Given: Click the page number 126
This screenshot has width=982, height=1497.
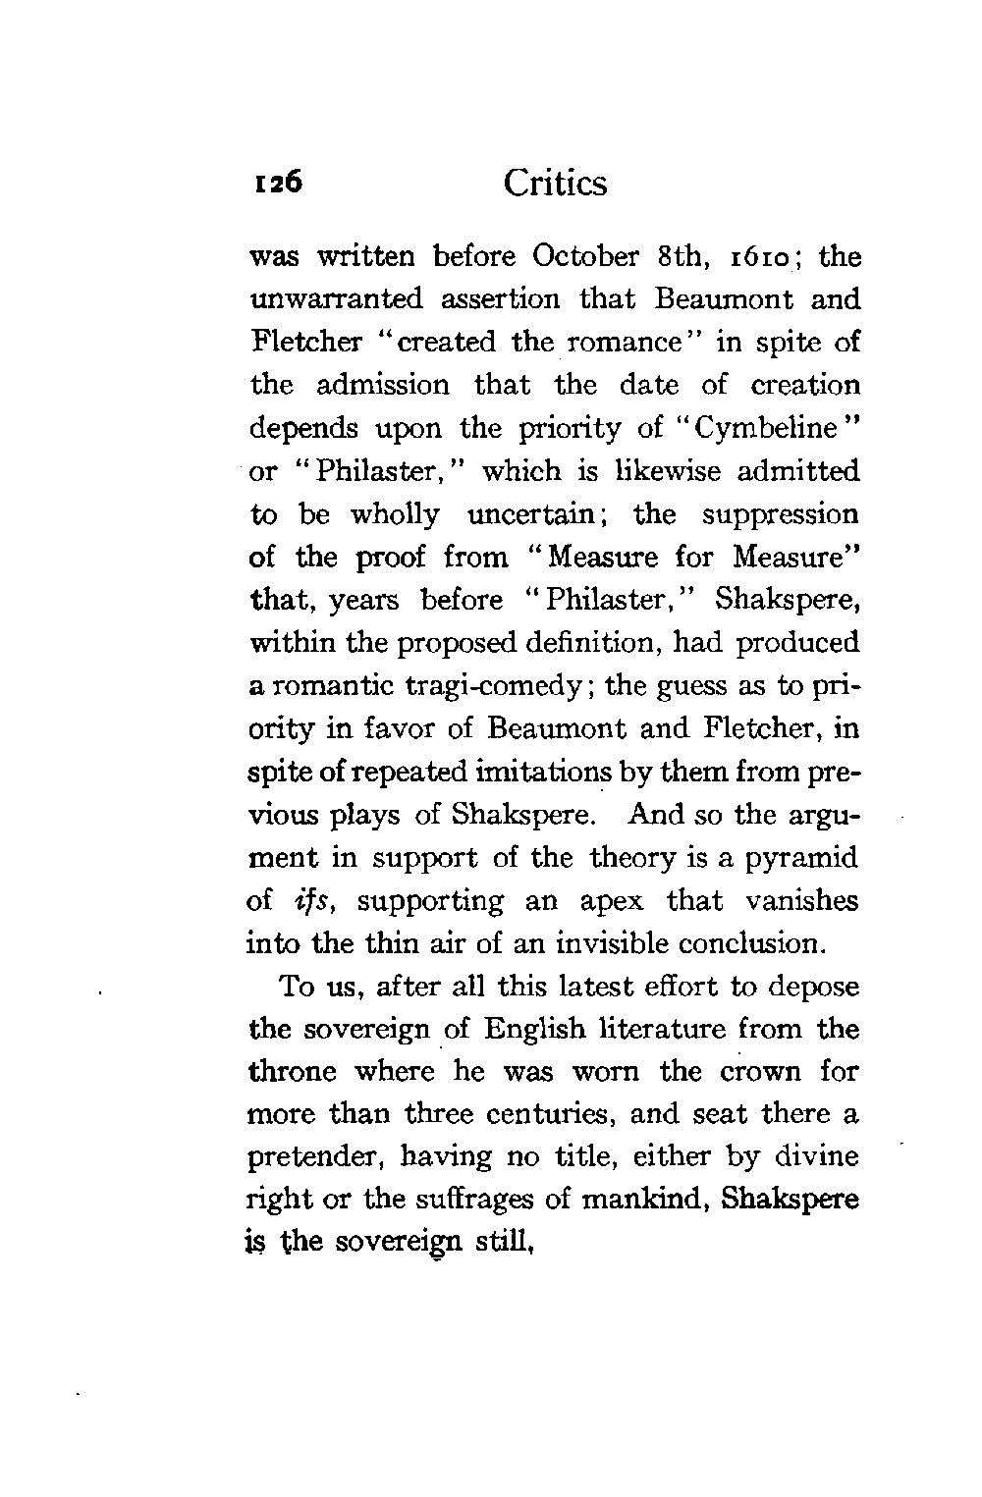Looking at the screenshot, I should click(278, 185).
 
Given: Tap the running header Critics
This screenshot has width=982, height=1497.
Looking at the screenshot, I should click(555, 184).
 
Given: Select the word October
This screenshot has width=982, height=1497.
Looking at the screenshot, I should click(586, 257).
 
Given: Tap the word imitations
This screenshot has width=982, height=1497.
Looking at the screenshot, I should click(518, 772).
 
